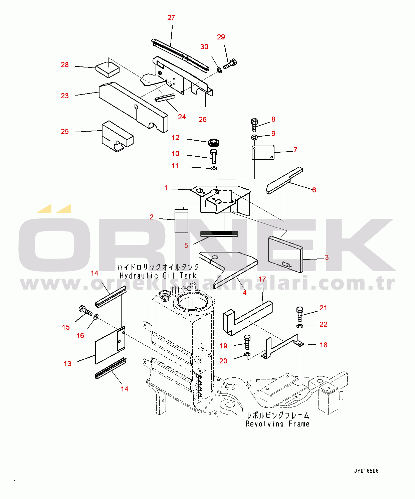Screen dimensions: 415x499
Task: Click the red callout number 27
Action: click(171, 18)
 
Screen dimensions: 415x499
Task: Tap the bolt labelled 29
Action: click(230, 64)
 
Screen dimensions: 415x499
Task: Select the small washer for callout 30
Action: click(219, 70)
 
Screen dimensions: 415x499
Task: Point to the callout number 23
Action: click(64, 96)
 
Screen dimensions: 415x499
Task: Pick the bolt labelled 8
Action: click(254, 125)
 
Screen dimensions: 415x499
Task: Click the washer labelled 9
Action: click(254, 137)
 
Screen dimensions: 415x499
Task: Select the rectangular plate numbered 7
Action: click(263, 153)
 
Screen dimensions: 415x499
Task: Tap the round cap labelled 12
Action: click(214, 143)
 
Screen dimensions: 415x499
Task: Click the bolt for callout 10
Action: click(214, 157)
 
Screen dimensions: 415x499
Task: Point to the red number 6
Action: click(314, 190)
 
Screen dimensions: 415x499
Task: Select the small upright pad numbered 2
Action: click(181, 221)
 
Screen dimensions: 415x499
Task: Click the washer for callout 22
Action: click(300, 326)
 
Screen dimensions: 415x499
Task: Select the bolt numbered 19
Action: click(247, 343)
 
